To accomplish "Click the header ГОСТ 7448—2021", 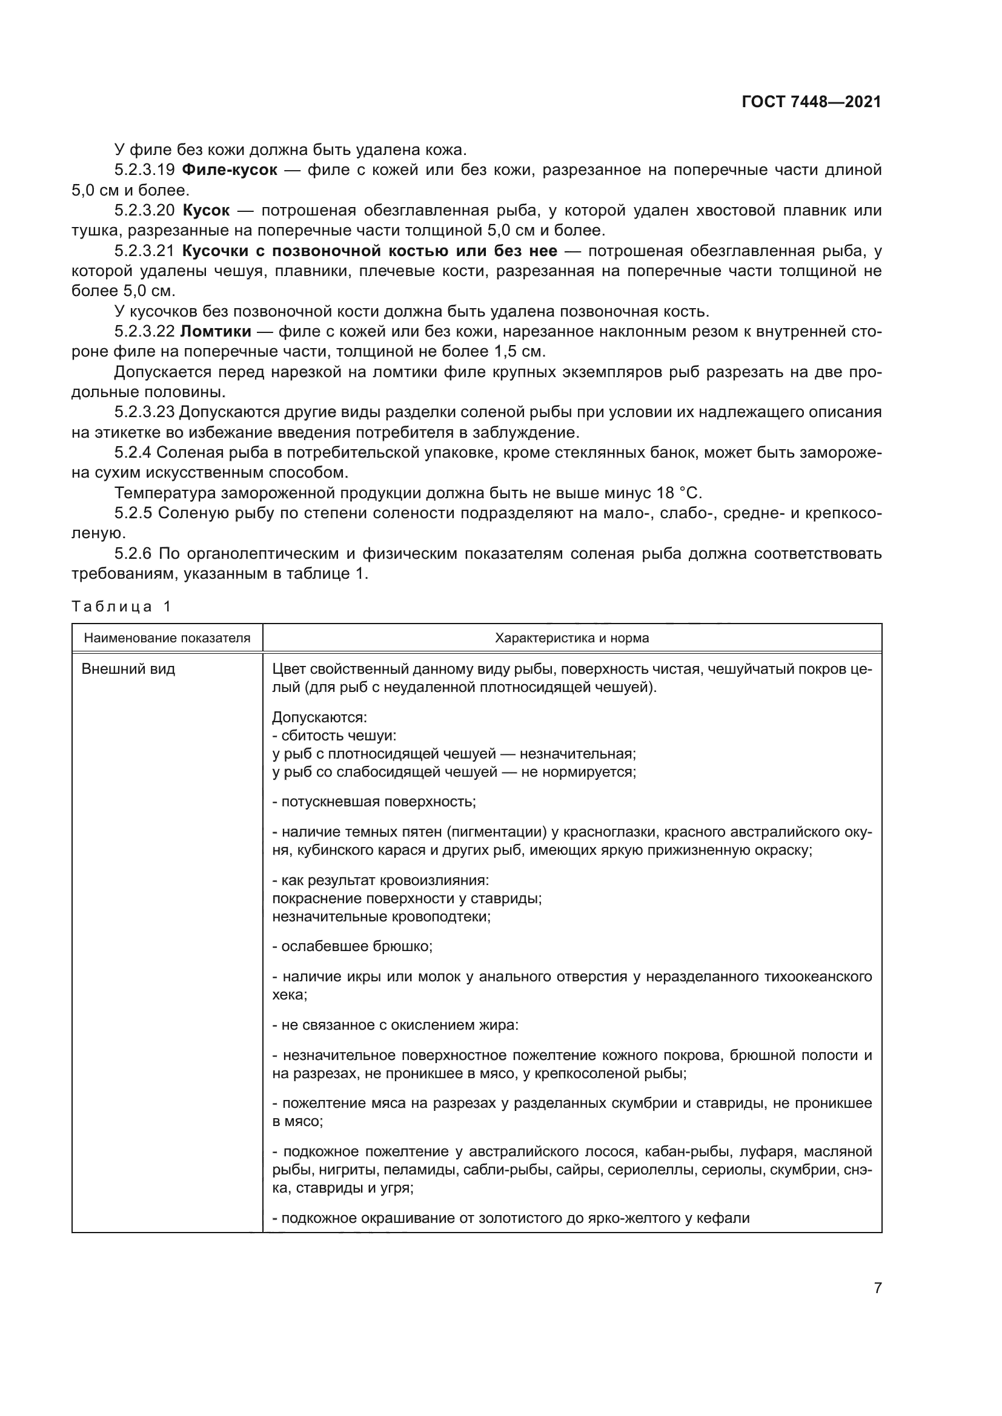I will coord(811,102).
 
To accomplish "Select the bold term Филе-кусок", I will coord(230,170).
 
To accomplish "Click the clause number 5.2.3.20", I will coord(145,211).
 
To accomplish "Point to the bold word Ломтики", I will coord(216,332).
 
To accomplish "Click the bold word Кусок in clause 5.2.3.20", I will coord(206,211).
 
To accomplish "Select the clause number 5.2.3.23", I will coord(145,412).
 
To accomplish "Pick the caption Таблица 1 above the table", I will coord(121,606).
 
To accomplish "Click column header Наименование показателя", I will coord(167,638).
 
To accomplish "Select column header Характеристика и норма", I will coord(572,638).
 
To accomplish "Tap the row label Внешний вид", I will coord(128,669).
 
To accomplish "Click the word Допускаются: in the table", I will coord(319,718).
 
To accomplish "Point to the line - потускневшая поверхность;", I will coord(374,802).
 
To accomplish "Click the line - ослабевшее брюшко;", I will coord(353,946).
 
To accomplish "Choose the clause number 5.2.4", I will coord(133,453).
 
